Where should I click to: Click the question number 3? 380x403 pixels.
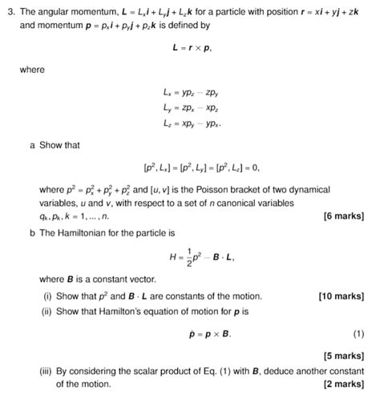[x=9, y=10]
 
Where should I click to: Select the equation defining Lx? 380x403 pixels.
[x=192, y=94]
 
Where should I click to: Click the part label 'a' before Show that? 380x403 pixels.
[x=31, y=146]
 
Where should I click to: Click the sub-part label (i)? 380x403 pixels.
[x=47, y=296]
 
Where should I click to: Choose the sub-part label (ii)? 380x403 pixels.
[x=49, y=311]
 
